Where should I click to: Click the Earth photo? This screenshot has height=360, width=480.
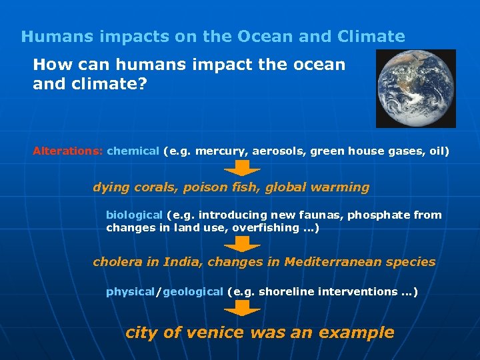coord(415,88)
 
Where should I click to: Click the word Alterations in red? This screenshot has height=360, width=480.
coord(67,151)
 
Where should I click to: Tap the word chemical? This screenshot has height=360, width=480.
coord(133,151)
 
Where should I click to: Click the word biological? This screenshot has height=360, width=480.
coord(134,215)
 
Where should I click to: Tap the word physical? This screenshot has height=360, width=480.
coord(130,291)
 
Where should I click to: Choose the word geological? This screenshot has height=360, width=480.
coord(193,291)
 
